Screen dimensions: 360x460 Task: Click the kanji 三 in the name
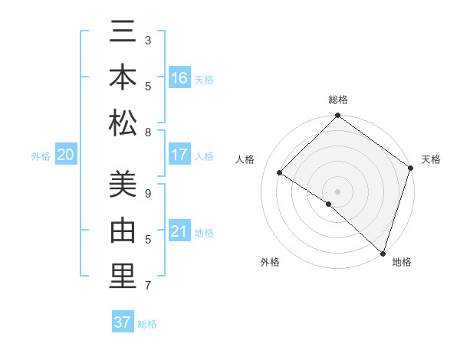coord(123,32)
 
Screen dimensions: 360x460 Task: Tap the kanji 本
coord(123,77)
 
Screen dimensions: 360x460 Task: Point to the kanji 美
coord(123,185)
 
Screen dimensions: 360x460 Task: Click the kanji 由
coord(123,231)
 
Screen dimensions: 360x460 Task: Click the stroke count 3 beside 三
coord(148,39)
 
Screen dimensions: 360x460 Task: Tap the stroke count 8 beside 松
coord(148,132)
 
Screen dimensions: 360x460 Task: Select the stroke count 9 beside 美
coord(148,193)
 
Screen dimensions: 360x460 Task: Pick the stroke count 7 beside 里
coord(148,286)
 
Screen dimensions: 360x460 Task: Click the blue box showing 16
coord(179,78)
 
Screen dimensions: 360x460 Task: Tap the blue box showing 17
coord(179,155)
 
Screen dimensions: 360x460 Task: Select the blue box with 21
coord(179,231)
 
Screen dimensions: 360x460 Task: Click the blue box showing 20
coord(65,155)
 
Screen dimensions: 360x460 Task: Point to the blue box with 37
coord(122,322)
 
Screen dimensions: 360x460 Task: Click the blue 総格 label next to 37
coord(147,324)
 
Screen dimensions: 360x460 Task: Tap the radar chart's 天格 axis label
coord(431,159)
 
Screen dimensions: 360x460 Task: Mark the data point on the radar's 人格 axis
coord(280,174)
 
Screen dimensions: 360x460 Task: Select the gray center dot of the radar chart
coord(337,191)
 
